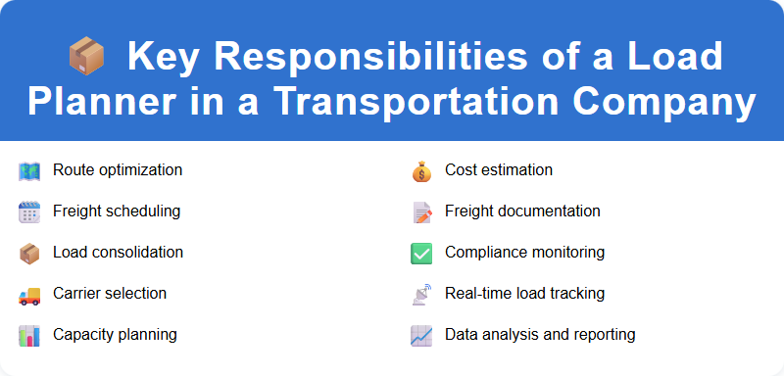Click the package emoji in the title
pos(87,57)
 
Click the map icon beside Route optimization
pos(29,170)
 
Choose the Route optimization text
pos(118,169)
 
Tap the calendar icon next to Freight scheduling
pos(29,211)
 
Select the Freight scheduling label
pos(117,211)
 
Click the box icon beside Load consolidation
pos(29,253)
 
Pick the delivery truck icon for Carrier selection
pos(29,294)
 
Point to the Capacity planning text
pos(115,334)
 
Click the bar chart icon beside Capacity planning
pos(29,335)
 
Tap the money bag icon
pos(421,170)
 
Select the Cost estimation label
pos(499,169)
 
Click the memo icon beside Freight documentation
pos(421,211)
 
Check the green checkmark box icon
pos(421,253)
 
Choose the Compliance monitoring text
pos(524,252)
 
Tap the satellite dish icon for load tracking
pos(421,294)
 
